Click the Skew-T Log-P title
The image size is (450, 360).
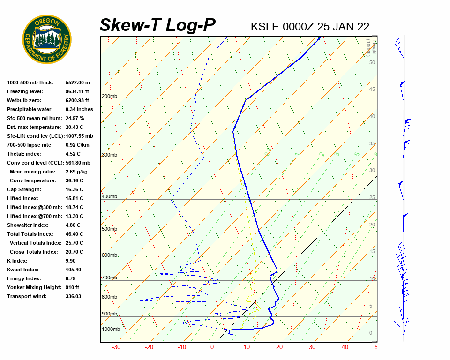tap(157, 25)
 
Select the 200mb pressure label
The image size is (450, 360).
tap(109, 97)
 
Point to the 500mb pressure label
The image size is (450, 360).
tap(109, 229)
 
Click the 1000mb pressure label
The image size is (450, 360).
tap(111, 330)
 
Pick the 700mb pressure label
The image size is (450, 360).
tap(109, 278)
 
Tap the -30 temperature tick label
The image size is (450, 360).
tap(116, 347)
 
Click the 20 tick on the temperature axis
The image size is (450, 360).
tap(279, 347)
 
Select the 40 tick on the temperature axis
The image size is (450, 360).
tap(345, 347)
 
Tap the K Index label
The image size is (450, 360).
tap(17, 261)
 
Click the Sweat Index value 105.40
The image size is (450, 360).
tap(73, 270)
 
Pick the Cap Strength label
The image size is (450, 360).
tap(24, 189)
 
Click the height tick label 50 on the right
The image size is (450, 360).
tap(372, 62)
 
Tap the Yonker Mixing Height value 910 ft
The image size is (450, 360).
tap(72, 287)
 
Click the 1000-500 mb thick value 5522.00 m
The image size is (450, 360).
tap(77, 82)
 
